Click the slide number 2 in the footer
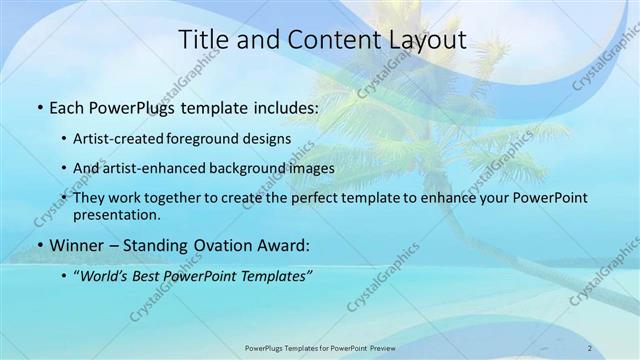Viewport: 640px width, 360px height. click(x=589, y=347)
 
